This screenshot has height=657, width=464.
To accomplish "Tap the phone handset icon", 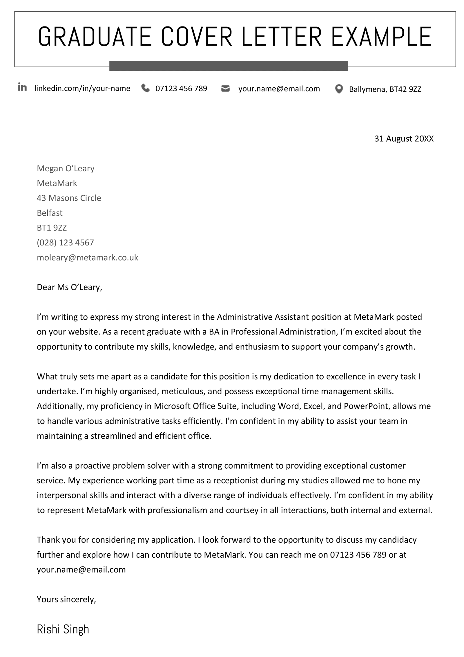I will [x=145, y=88].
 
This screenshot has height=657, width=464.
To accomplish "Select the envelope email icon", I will [x=225, y=88].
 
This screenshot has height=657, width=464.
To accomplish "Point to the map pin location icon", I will [x=339, y=89].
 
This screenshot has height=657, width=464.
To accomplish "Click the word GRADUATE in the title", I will [x=95, y=37].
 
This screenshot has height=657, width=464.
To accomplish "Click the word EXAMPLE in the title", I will [x=381, y=37].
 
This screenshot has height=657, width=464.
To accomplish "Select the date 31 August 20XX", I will [x=404, y=139].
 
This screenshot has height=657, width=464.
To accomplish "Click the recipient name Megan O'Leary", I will [x=66, y=168].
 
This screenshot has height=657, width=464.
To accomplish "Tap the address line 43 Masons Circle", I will [x=69, y=198].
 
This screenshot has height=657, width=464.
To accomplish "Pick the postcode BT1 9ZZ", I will [x=52, y=228].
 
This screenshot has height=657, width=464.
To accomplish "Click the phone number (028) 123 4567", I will [x=65, y=242].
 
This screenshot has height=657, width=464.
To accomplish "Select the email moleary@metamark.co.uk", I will [x=87, y=258].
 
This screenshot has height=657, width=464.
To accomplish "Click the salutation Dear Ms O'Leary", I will [x=69, y=287].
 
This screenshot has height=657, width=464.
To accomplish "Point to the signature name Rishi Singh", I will [x=63, y=629].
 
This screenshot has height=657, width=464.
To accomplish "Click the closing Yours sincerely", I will [x=66, y=599].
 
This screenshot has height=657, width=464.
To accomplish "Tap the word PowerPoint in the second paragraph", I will [x=366, y=406].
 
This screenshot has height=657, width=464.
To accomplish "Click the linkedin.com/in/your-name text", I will [x=82, y=88].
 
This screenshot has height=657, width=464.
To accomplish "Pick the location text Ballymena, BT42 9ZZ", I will [x=385, y=89].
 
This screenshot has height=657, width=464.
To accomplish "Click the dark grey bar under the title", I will [x=229, y=66].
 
